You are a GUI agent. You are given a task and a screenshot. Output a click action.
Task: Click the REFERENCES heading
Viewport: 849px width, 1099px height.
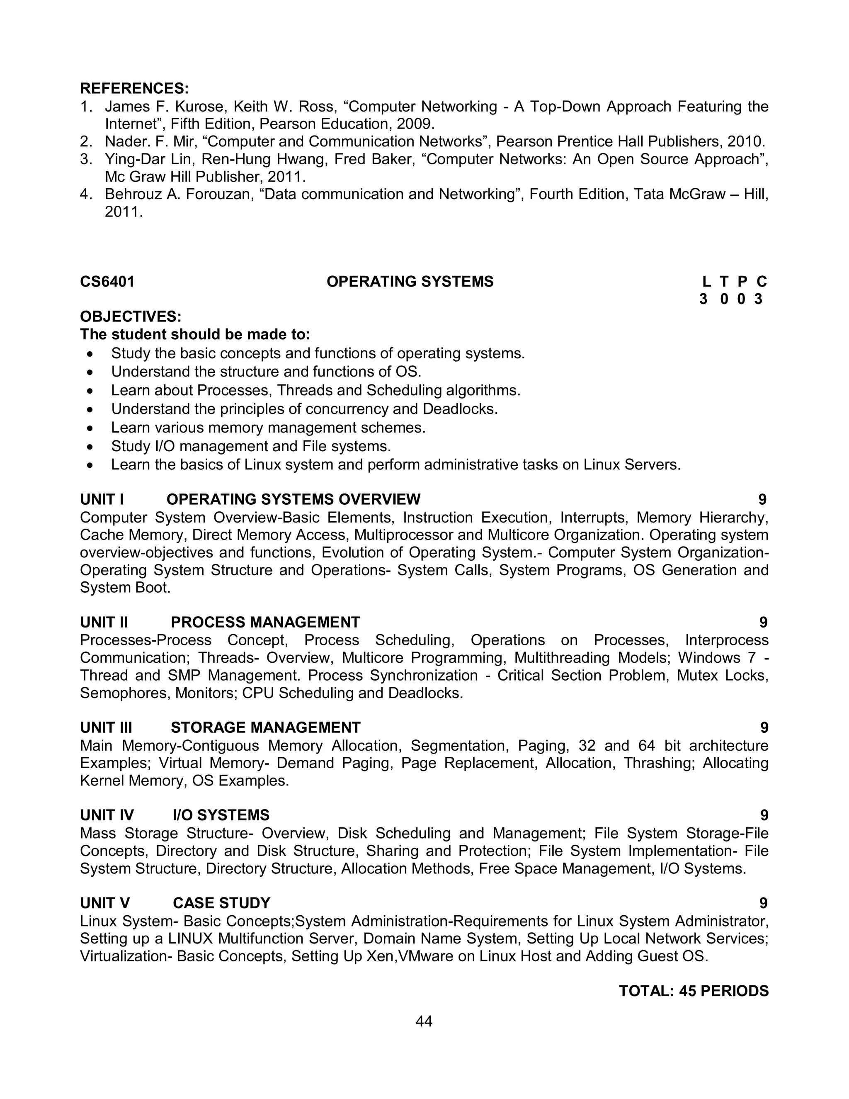coord(134,89)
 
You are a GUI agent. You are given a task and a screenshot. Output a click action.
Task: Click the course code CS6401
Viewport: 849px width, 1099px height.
coord(107,282)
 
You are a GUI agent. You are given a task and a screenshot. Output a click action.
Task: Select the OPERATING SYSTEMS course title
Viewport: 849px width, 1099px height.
coord(410,282)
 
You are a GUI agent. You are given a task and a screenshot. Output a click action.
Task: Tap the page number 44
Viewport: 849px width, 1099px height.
coord(424,1021)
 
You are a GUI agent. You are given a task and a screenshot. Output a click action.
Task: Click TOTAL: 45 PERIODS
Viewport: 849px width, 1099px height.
coord(694,991)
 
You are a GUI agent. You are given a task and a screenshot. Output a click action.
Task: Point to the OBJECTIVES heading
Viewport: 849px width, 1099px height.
coord(130,316)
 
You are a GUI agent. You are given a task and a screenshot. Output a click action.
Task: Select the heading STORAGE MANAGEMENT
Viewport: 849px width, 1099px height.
coord(266,728)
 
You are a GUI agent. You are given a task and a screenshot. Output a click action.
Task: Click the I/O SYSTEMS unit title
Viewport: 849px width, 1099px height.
coord(221,815)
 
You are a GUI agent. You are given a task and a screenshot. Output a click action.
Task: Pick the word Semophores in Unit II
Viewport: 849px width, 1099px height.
coord(125,693)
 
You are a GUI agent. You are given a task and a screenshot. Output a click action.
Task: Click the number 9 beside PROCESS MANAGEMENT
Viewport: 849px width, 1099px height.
coord(763,622)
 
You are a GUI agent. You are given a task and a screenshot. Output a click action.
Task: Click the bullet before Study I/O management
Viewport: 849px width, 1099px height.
coord(90,446)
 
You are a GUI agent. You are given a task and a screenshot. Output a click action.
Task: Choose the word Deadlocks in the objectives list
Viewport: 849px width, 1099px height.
coord(460,409)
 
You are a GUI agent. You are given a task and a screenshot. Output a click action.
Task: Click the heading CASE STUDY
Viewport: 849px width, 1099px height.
coord(221,903)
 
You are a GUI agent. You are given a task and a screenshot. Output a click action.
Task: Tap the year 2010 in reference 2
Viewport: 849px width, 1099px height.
coord(745,141)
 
